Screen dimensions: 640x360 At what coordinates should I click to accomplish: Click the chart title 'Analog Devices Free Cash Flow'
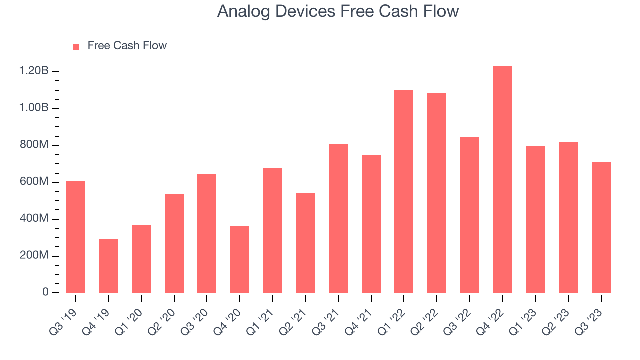(x=338, y=11)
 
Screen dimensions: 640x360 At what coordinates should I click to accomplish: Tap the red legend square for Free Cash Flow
(x=76, y=47)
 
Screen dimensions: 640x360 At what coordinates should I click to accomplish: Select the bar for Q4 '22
(x=502, y=179)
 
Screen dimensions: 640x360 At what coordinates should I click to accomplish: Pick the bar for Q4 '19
(x=108, y=266)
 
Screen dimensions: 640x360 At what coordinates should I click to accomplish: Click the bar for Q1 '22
(x=403, y=191)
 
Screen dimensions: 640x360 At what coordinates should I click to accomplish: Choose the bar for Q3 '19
(x=75, y=237)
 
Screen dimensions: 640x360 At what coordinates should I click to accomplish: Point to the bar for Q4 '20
(x=239, y=259)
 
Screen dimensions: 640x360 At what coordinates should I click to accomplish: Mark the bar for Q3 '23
(x=601, y=227)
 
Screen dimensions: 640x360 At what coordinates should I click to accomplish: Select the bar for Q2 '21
(x=305, y=243)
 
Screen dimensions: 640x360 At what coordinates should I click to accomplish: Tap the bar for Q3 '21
(x=338, y=218)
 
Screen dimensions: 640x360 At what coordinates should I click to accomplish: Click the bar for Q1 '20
(x=141, y=259)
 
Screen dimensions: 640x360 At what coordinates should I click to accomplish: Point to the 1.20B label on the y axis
(x=34, y=71)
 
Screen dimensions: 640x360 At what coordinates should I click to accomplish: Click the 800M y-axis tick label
(x=34, y=145)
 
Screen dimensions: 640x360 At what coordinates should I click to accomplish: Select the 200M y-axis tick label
(x=34, y=255)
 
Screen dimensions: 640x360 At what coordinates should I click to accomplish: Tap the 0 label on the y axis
(x=45, y=292)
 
